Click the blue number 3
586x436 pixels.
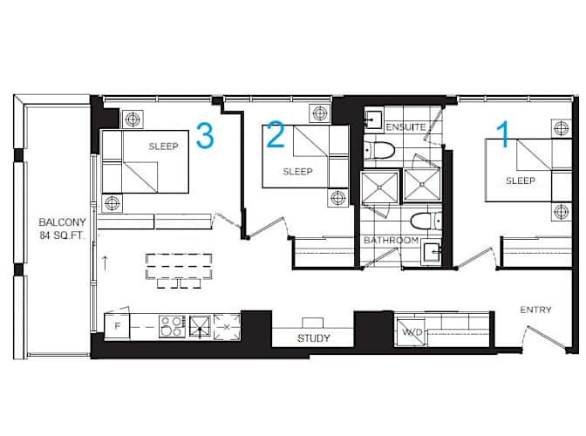205,135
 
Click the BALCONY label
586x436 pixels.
63,222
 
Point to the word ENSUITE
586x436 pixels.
405,127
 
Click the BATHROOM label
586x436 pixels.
392,240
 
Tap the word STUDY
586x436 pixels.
314,338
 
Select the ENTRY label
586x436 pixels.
535,310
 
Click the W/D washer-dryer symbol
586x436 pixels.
411,331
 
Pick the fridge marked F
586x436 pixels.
117,326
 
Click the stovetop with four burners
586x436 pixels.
173,326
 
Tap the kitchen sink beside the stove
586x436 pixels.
200,326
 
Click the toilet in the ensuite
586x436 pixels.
379,151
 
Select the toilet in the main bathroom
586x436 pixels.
426,221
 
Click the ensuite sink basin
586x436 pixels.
373,119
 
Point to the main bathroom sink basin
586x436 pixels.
432,253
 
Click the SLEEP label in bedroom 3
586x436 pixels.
163,146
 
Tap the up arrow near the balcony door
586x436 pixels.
105,263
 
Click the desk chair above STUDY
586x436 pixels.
313,323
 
